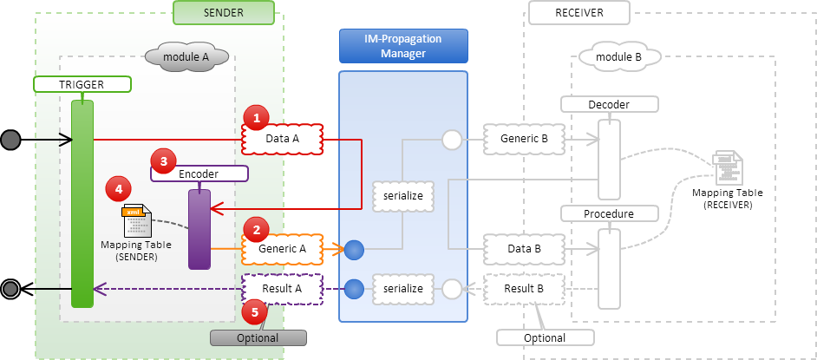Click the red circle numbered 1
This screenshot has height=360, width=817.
point(255,117)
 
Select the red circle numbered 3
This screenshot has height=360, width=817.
point(162,160)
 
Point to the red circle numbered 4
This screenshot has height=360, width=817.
point(117,188)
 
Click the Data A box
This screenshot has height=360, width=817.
point(282,138)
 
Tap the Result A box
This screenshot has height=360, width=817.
point(282,288)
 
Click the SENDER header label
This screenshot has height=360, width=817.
point(224,12)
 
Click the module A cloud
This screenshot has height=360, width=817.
point(187,57)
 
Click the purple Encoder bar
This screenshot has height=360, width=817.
point(199,229)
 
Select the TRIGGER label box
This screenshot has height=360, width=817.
point(82,84)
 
